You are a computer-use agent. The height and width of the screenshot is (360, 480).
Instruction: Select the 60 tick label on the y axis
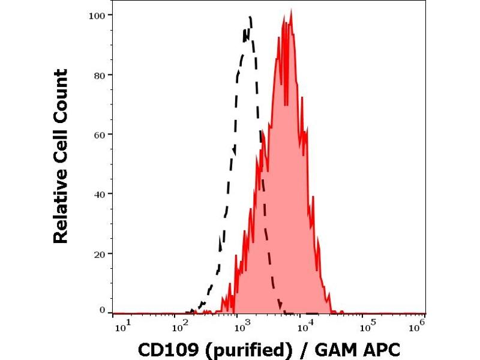point(100,134)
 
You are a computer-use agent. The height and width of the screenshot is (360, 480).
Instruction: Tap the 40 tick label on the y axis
point(100,194)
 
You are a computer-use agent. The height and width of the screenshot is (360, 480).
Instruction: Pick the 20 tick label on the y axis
point(100,253)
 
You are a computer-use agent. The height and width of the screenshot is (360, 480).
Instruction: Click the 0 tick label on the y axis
point(102,310)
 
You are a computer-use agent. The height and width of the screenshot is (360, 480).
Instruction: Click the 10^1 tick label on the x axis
point(119,326)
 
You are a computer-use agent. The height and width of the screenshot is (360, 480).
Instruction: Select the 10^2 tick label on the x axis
point(179,326)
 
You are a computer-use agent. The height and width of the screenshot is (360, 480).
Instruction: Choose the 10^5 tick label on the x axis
point(365,326)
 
